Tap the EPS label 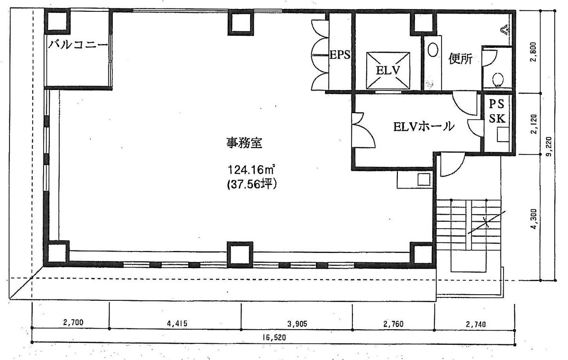[340, 54]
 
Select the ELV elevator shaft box [388, 69]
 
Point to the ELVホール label [423, 126]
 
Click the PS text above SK [497, 103]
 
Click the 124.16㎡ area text [251, 169]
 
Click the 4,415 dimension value [177, 324]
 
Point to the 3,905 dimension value [297, 324]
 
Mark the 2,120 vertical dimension [534, 124]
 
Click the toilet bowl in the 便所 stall [497, 79]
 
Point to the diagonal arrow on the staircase [486, 222]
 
